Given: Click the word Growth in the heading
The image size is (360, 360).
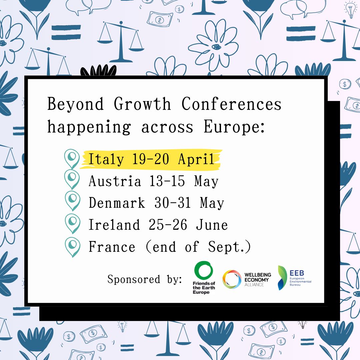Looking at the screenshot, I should pyautogui.click(x=142, y=104).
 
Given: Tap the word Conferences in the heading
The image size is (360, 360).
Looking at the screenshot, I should pyautogui.click(x=232, y=104).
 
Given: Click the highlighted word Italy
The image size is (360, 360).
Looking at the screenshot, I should pyautogui.click(x=105, y=160).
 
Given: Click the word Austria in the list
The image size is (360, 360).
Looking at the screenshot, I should pyautogui.click(x=115, y=182).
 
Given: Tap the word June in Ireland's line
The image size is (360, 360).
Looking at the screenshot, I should pyautogui.click(x=212, y=225).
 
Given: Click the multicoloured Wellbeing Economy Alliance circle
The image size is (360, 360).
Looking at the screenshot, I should pyautogui.click(x=232, y=279).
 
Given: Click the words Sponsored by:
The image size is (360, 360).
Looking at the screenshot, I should pyautogui.click(x=144, y=279).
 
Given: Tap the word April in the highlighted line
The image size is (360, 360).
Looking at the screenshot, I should pyautogui.click(x=196, y=160).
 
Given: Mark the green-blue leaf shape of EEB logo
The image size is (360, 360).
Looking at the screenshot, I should pyautogui.click(x=283, y=278).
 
